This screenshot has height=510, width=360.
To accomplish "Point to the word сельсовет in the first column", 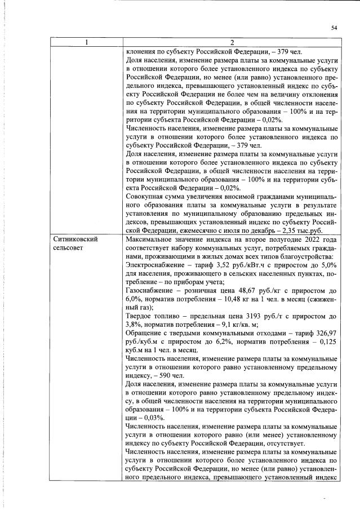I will [70, 248].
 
